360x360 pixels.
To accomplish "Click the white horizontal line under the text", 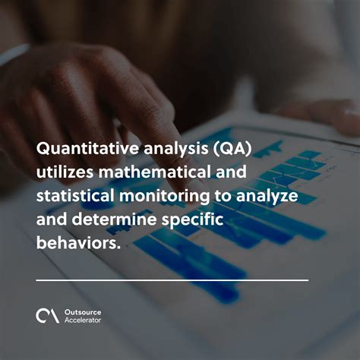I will (x=172, y=280).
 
